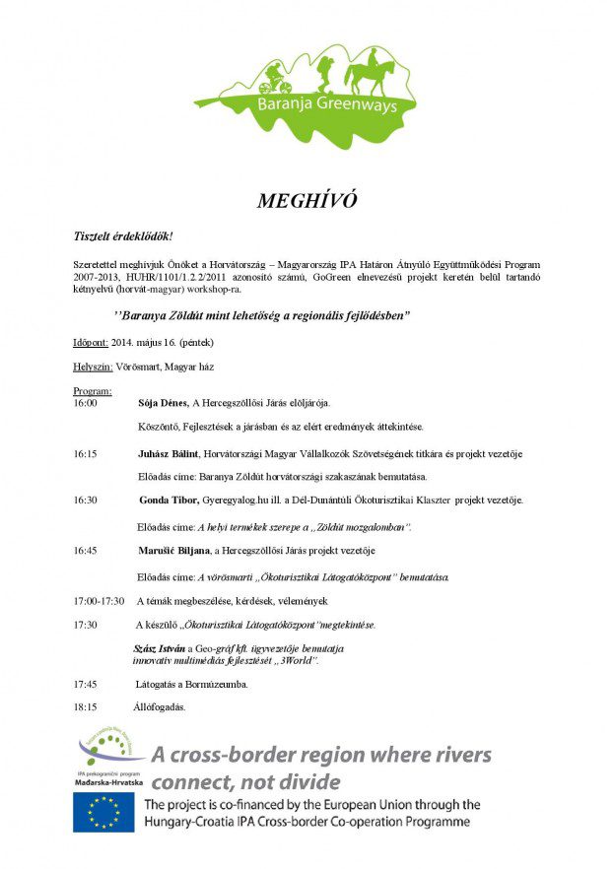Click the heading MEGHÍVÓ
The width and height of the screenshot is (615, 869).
pos(307,201)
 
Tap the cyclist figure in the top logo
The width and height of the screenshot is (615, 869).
pos(274,76)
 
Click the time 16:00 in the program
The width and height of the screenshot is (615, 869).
pos(86,403)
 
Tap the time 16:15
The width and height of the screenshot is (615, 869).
pos(86,453)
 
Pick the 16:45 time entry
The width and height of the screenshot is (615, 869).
pos(86,550)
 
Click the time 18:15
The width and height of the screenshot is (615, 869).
pos(86,706)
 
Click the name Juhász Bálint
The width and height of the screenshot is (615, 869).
pos(168,453)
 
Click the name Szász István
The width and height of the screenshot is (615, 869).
pos(159,649)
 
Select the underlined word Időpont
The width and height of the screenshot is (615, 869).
pos(92,343)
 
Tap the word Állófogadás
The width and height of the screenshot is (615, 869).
pos(159,706)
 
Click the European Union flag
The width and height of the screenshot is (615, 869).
pos(103,812)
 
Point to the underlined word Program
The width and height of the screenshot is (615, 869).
pos(93,391)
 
